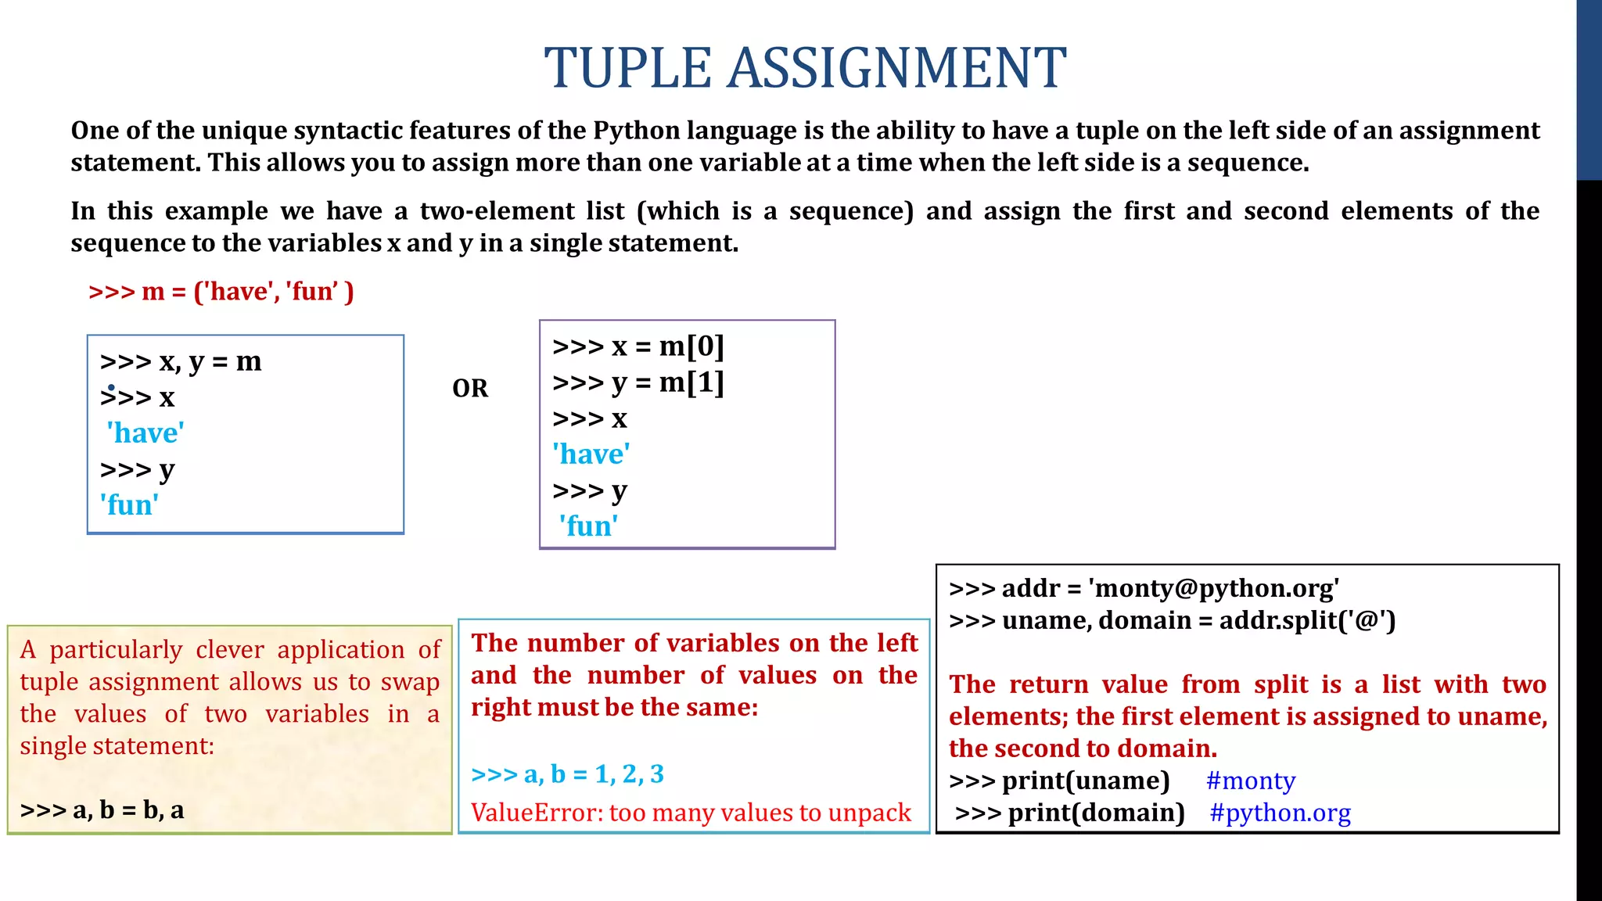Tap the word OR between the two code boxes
pos(470,388)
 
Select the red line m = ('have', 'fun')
pos(221,292)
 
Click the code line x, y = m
pos(181,361)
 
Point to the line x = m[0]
pos(638,346)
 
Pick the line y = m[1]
pos(638,382)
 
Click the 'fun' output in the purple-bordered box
pos(588,526)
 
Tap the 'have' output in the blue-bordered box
pos(145,433)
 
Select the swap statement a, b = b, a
pos(102,810)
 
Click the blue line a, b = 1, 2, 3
pos(567,774)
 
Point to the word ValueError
pos(536,813)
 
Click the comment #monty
pos(1251,781)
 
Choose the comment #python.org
pos(1280,813)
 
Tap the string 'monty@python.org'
pos(1213,588)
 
